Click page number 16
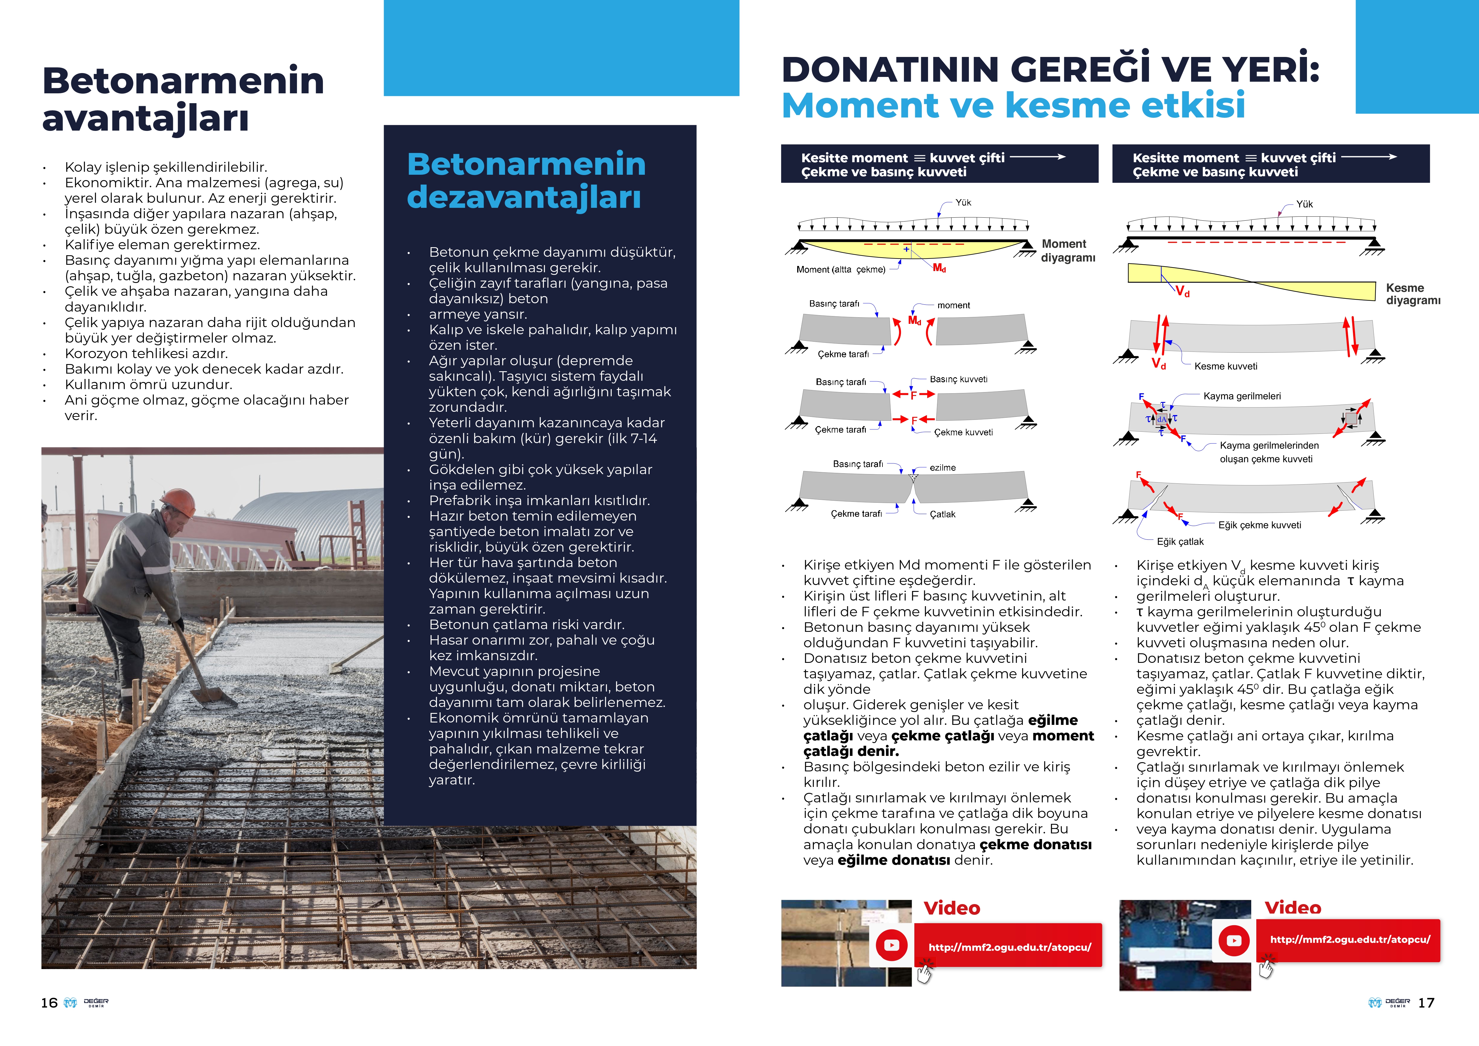(49, 1003)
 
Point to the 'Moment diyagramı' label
(1067, 250)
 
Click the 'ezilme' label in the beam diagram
(942, 468)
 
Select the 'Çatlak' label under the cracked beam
(942, 514)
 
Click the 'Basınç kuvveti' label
(958, 379)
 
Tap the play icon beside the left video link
(891, 945)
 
